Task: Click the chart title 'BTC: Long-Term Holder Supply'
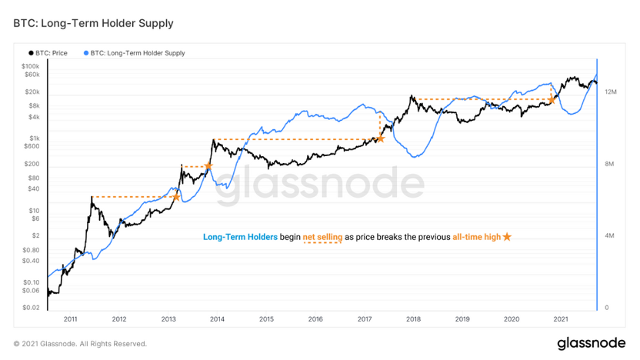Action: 93,23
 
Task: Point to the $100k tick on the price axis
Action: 30,67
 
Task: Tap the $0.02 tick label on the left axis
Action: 31,308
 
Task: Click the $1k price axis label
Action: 33,137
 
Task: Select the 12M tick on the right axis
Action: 612,92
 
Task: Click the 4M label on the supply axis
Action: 610,235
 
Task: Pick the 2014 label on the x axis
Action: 217,318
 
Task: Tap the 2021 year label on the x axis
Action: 561,318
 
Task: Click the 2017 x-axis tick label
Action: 364,318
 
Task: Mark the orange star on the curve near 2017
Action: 380,138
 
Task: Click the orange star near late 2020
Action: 552,100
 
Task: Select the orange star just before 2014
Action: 208,166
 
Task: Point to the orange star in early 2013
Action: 176,197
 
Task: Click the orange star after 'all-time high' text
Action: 507,237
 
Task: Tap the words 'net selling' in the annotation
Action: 322,237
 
